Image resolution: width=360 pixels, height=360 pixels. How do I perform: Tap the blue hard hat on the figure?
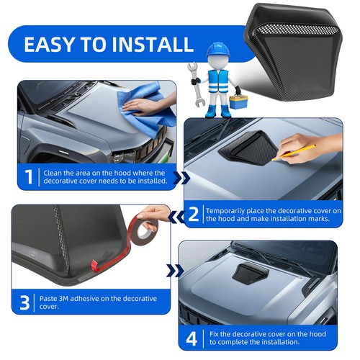(x=218, y=50)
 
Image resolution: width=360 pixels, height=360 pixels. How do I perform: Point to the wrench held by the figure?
(x=196, y=84)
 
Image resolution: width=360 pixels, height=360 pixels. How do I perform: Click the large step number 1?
(x=29, y=176)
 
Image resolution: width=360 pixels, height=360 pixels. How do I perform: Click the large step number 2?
(x=194, y=215)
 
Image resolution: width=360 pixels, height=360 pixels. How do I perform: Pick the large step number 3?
(x=24, y=302)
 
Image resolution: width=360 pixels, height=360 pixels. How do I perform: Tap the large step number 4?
(x=192, y=338)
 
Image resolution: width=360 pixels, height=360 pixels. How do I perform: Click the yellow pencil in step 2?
(x=294, y=153)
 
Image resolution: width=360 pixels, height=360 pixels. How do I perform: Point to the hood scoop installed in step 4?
(x=250, y=274)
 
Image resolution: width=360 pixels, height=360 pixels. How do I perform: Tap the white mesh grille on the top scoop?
(x=297, y=30)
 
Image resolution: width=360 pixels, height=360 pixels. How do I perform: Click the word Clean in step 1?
(x=53, y=173)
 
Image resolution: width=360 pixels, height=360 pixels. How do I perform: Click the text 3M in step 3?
(x=63, y=299)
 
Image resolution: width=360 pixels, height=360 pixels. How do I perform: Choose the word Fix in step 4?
(x=214, y=334)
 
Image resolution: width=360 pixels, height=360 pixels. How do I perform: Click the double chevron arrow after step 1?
(x=181, y=178)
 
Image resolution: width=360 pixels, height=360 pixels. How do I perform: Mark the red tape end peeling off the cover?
(x=95, y=266)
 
